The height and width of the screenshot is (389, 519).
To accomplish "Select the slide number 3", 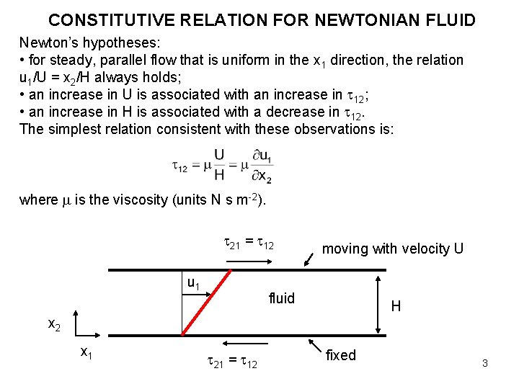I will click(485, 363).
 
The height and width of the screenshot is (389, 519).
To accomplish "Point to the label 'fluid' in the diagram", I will click(281, 298).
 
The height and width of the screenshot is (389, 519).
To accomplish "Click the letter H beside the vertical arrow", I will click(396, 307).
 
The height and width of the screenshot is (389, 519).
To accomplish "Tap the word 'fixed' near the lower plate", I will click(341, 355).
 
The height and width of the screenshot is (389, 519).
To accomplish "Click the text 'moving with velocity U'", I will click(393, 249).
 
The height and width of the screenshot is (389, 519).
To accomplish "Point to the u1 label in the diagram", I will click(193, 284).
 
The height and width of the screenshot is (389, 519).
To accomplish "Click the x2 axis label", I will click(54, 325).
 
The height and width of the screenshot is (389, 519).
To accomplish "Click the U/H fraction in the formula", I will click(218, 165).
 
